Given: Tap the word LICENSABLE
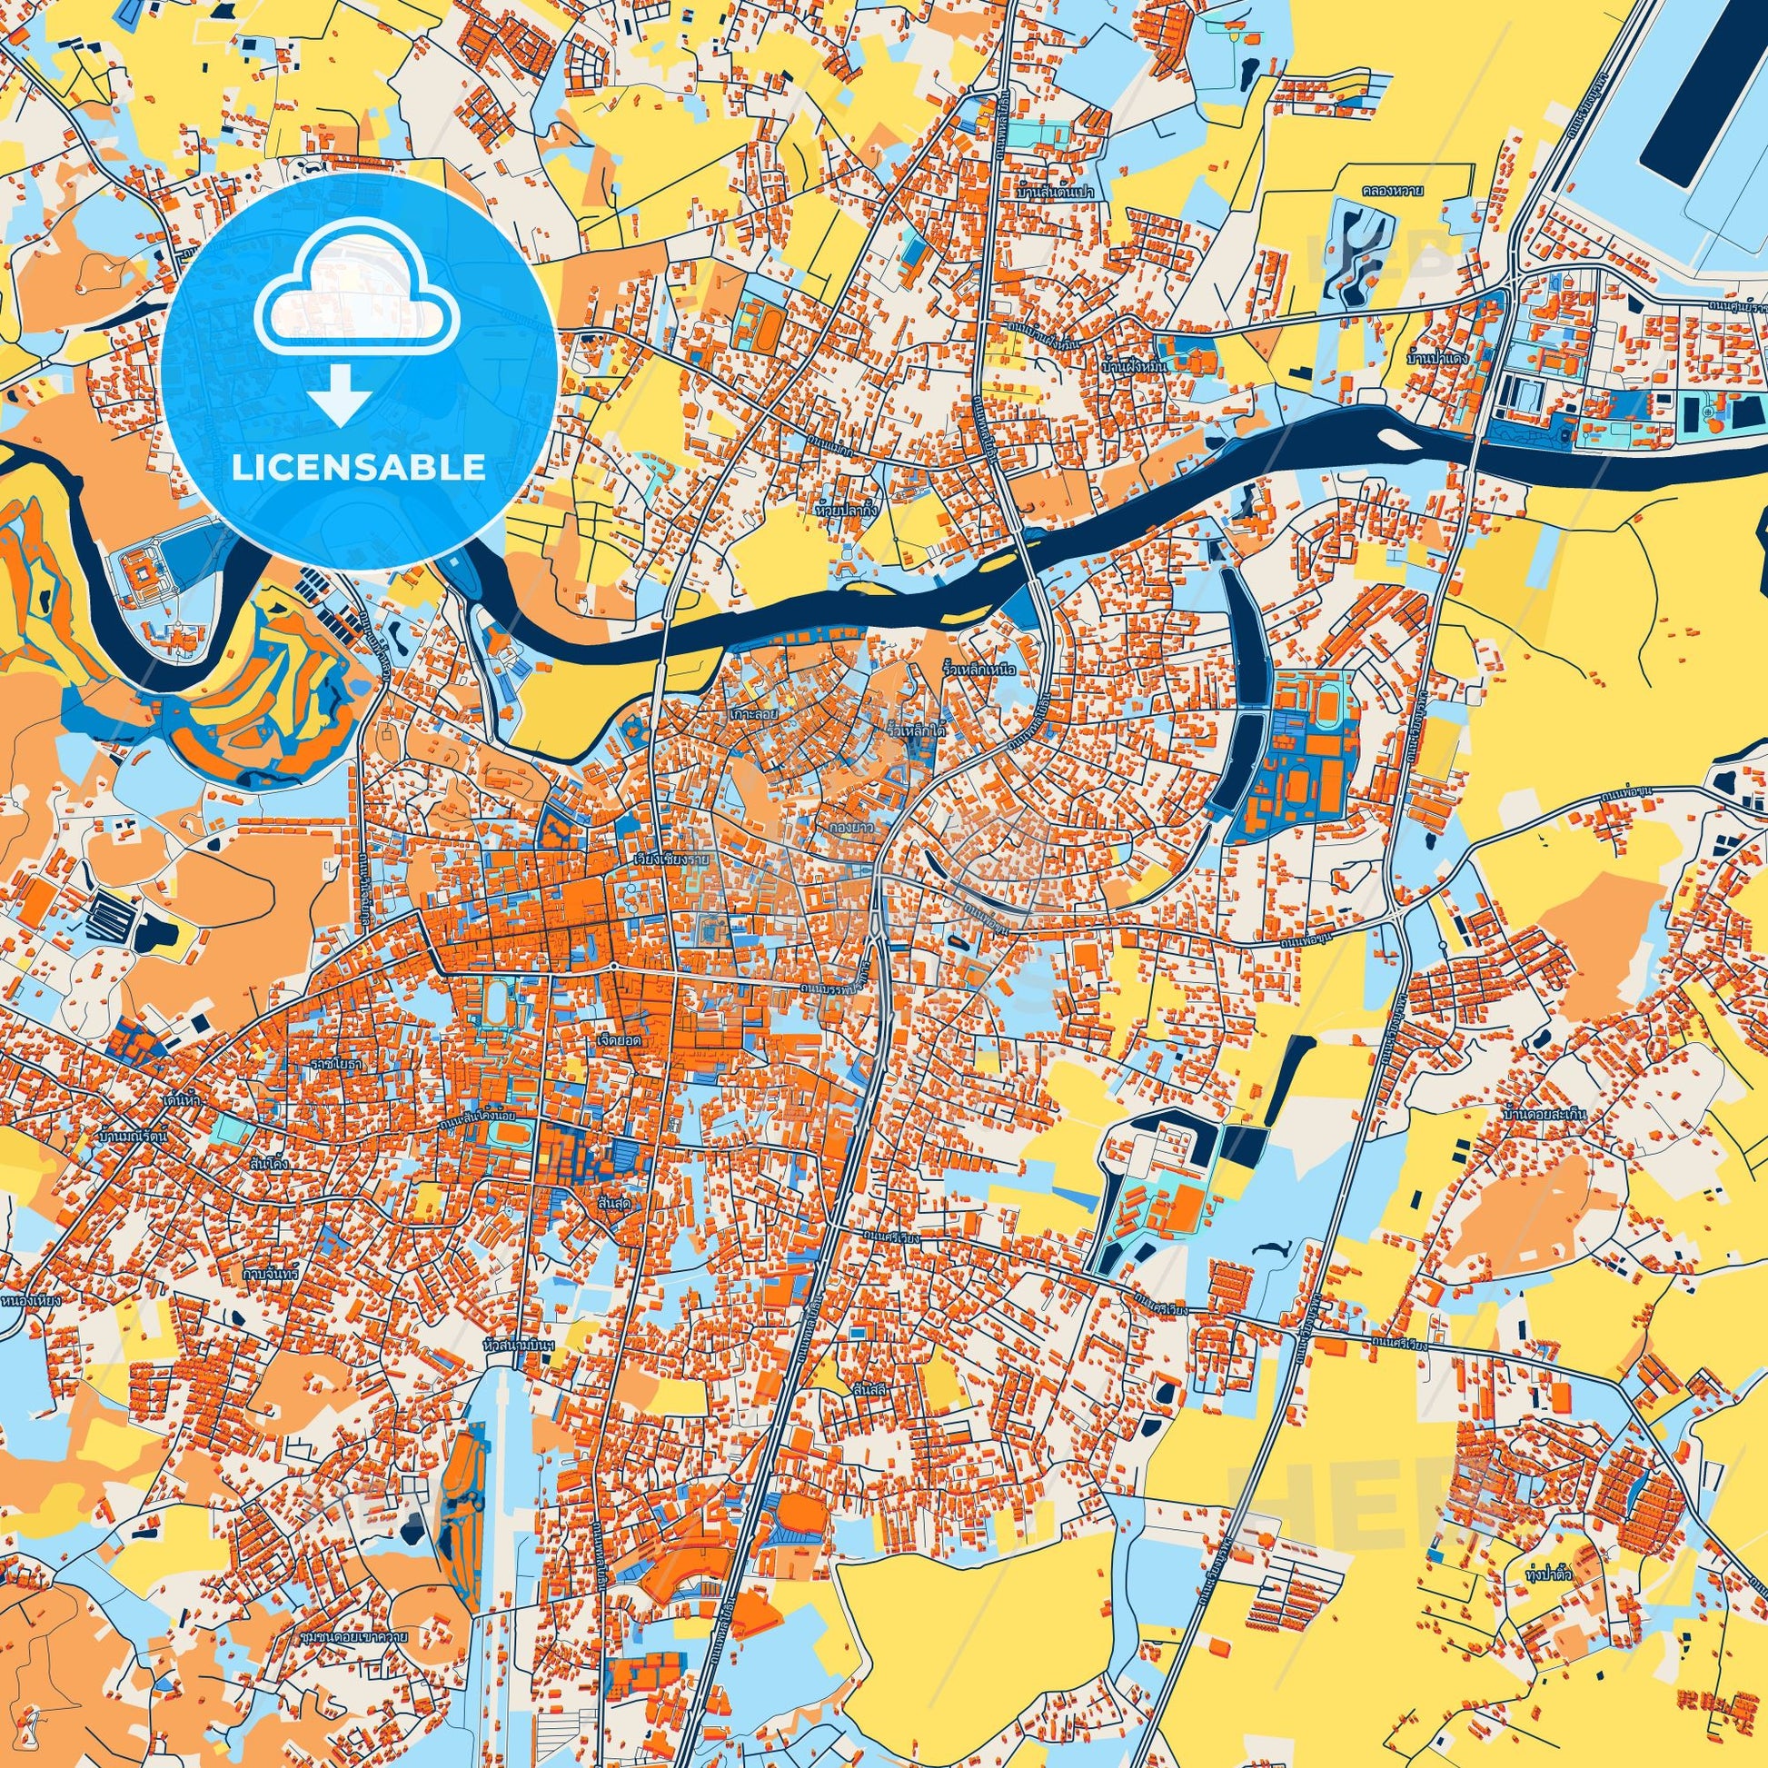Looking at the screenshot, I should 358,468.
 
